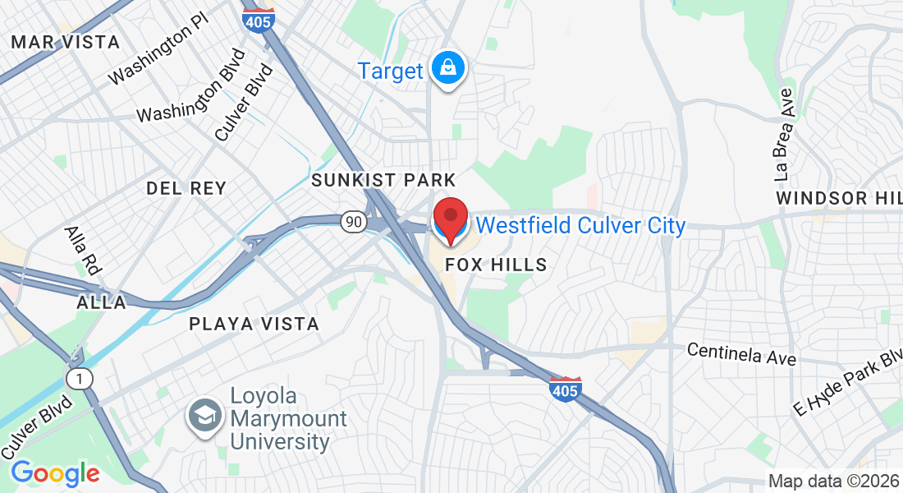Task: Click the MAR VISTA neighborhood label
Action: point(66,42)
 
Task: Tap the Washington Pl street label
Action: point(159,58)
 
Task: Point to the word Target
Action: point(390,71)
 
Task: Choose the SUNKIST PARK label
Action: point(383,180)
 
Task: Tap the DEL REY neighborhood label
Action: point(186,188)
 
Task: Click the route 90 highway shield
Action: point(354,221)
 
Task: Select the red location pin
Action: point(450,218)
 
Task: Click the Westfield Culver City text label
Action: point(580,225)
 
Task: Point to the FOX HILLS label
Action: point(496,265)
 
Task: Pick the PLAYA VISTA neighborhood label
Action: point(254,324)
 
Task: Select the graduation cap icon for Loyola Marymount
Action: point(204,414)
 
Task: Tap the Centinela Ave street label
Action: point(741,354)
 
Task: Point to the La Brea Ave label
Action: point(784,134)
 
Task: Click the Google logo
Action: point(55,472)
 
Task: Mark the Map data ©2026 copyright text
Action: point(832,481)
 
